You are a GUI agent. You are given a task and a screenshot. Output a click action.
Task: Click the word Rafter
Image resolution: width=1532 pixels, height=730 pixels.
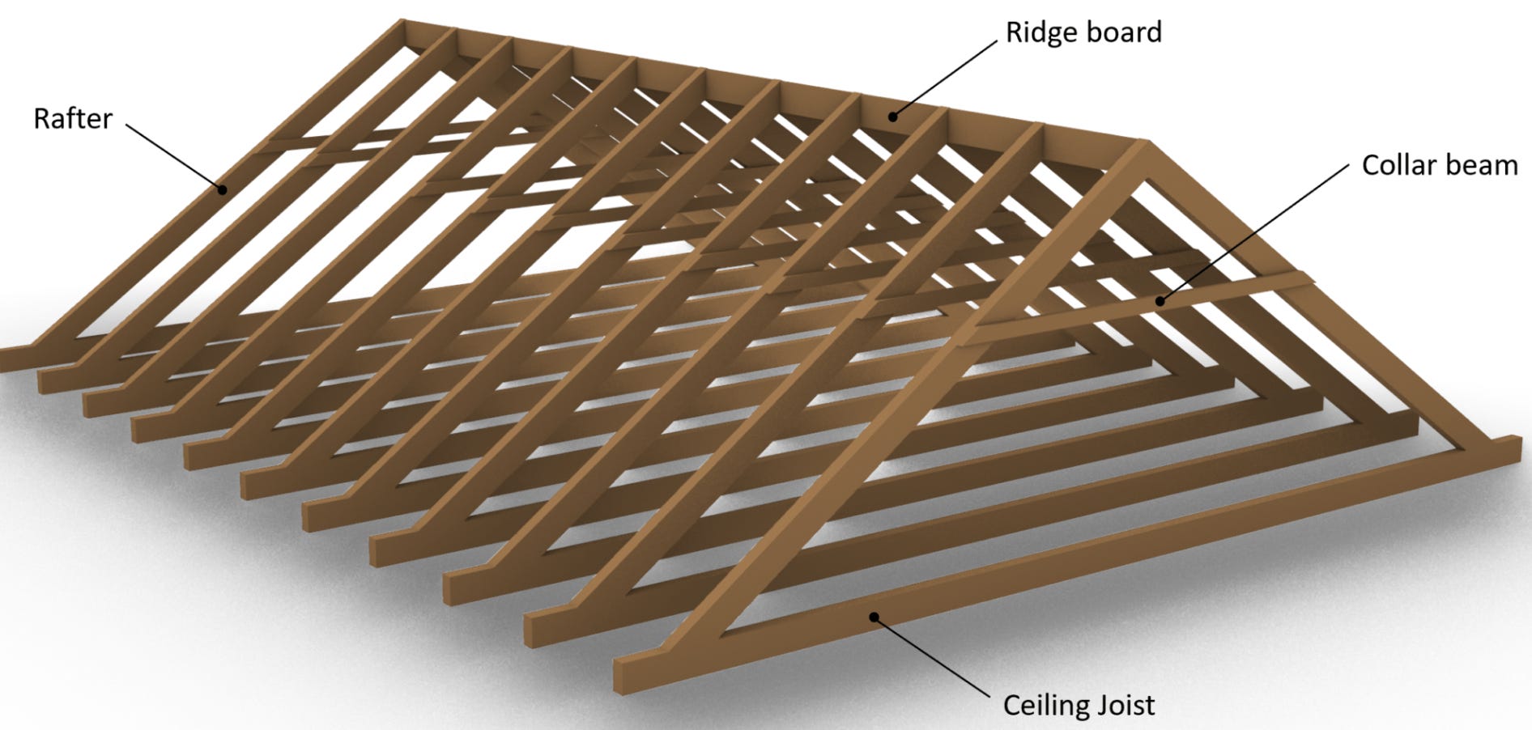pos(72,119)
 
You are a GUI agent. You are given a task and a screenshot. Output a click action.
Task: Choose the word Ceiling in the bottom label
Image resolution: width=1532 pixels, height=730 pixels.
pos(1041,705)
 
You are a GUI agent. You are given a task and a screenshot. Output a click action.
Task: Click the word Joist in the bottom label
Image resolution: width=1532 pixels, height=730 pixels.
pos(1121,705)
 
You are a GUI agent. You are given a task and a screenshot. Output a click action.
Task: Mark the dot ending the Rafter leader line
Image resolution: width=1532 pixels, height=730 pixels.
pos(221,190)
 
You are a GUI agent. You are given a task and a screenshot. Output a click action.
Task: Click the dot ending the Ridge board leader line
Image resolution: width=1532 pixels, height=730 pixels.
pos(892,117)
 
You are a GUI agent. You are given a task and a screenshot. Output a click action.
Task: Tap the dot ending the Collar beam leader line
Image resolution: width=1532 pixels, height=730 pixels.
pos(1160,302)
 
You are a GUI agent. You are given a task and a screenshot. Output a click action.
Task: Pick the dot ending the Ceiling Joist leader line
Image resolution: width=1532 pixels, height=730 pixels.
pos(875,617)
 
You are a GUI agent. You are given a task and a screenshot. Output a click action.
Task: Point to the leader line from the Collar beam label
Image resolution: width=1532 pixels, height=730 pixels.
pos(1255,235)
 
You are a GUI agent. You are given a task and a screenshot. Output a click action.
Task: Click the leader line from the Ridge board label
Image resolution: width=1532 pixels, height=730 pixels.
pos(945,79)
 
